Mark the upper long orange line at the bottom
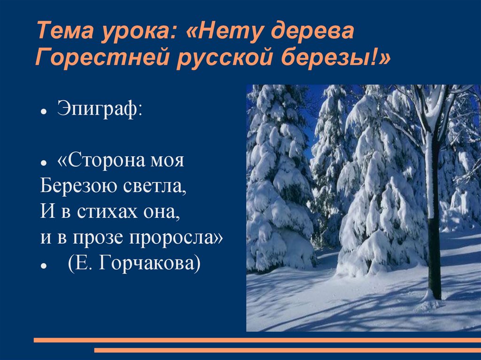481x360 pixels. pos(257,340)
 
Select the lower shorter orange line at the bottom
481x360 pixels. pos(287,350)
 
